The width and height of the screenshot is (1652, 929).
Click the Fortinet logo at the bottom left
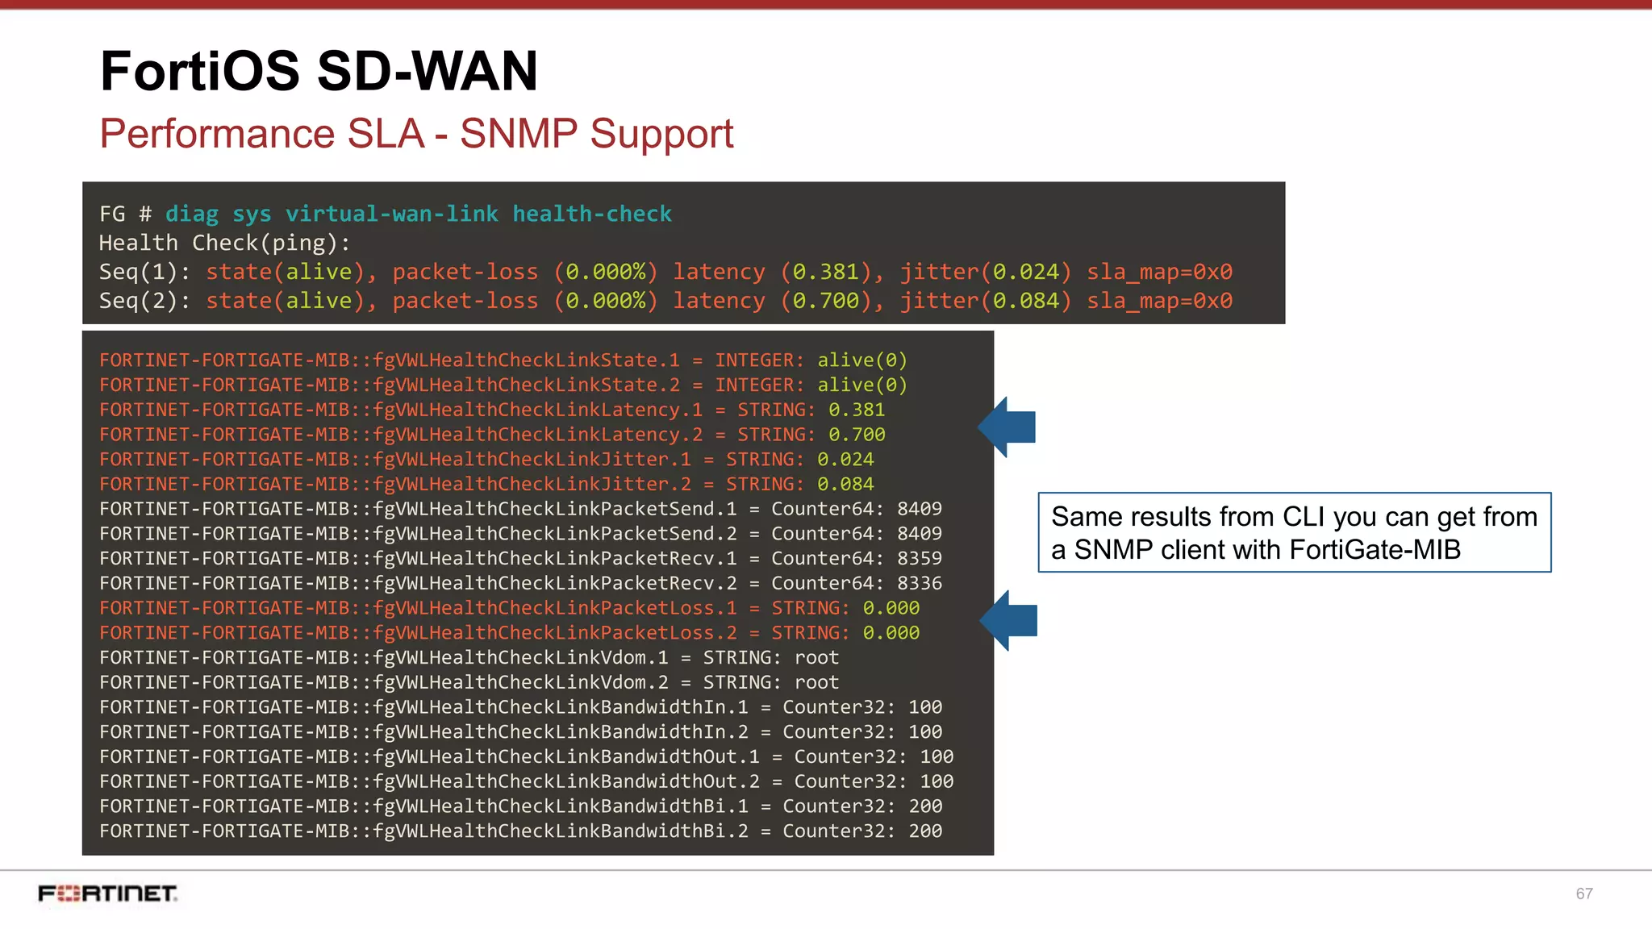(x=108, y=894)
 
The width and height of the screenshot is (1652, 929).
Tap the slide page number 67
(x=1584, y=894)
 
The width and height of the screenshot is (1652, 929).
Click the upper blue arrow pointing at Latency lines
(x=1007, y=427)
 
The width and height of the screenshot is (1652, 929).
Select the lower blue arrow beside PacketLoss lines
(x=1009, y=621)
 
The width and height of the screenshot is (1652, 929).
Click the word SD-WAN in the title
(x=427, y=71)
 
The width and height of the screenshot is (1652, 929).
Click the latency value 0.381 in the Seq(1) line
(x=826, y=273)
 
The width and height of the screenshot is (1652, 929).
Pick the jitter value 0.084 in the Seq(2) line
(x=1026, y=302)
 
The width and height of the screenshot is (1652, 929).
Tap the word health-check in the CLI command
(x=592, y=215)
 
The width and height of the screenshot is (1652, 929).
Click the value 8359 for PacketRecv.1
(x=920, y=559)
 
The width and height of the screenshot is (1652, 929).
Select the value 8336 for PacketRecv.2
(x=920, y=584)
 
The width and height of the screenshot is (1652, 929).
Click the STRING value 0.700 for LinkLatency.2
(x=857, y=435)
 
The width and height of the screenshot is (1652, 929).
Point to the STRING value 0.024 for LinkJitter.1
(x=845, y=460)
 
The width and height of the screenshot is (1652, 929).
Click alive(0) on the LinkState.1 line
(x=862, y=360)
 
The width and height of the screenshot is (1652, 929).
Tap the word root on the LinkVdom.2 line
(x=816, y=683)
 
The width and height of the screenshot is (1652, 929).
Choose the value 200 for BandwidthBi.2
(x=925, y=831)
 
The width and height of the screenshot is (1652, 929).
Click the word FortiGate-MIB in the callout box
(x=1375, y=550)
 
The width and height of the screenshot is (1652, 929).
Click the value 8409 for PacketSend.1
(x=920, y=510)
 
